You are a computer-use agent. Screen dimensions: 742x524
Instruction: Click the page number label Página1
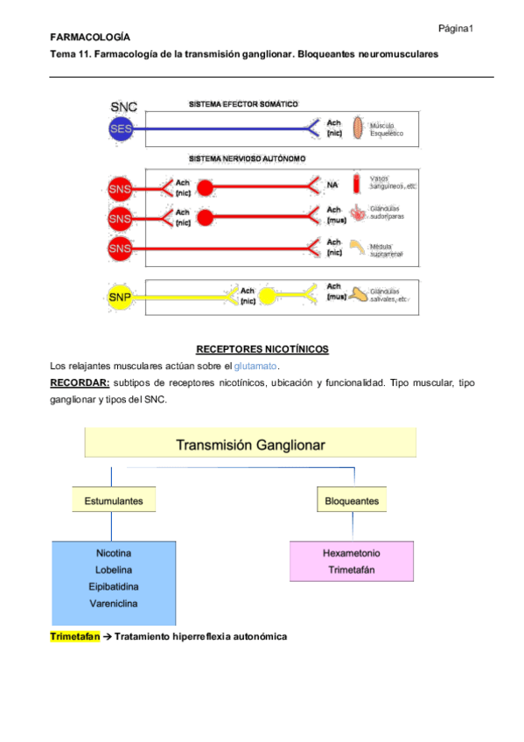[455, 29]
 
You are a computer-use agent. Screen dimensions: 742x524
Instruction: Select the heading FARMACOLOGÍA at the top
[90, 38]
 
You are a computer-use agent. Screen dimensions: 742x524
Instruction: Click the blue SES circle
[121, 129]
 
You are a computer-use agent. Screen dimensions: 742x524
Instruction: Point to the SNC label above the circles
[123, 107]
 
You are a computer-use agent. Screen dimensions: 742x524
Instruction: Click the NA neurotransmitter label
[332, 185]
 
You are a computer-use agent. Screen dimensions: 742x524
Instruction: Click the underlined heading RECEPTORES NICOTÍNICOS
[262, 349]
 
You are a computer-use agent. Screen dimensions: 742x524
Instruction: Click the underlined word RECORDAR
[80, 382]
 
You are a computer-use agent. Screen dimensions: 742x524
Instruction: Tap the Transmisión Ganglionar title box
[250, 444]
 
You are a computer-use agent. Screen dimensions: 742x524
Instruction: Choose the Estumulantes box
[113, 501]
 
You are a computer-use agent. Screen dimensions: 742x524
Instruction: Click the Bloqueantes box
[351, 501]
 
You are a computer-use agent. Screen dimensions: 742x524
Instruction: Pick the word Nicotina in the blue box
[113, 554]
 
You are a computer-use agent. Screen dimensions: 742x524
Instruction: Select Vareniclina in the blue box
[113, 603]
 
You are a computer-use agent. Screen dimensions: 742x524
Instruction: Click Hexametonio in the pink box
[351, 554]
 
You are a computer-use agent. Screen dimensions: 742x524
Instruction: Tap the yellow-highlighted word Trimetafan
[75, 636]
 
